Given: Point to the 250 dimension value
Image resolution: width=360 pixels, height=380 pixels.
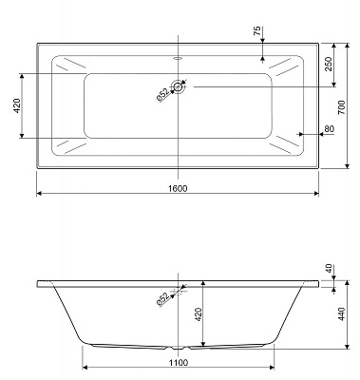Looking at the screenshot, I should coord(327,65).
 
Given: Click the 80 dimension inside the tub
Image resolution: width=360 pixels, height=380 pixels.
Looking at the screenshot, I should coord(328,130).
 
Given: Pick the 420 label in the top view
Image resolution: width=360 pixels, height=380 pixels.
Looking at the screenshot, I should coord(15,105).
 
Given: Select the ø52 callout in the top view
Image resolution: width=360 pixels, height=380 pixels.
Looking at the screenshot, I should coord(163,95).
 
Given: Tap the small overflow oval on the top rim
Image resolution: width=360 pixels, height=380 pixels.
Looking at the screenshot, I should coord(179,55).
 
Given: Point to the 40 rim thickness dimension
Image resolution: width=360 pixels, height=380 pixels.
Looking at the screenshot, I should coord(329,269).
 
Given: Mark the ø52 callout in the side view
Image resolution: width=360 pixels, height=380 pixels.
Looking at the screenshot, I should coord(163,299).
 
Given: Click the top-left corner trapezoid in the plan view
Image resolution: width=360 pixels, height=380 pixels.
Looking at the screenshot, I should coord(69,66).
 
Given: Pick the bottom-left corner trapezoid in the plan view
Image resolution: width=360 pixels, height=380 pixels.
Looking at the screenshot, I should coord(69,146).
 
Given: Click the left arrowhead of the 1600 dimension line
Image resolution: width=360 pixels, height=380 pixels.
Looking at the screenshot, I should coord(39,194).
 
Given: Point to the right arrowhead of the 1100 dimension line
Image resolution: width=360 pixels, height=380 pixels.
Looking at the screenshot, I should coord(275,370).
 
